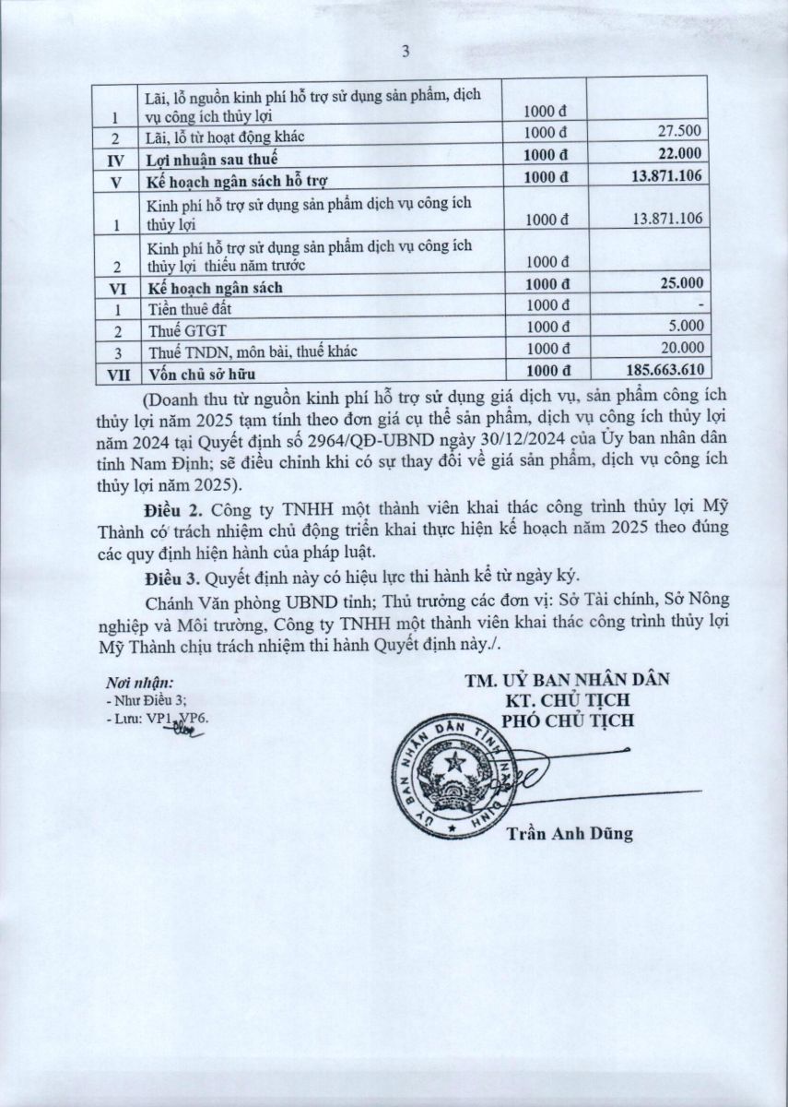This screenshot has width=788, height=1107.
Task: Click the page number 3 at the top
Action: point(404,52)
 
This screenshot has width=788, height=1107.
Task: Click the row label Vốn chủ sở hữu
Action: point(201,374)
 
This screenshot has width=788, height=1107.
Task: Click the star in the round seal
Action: point(453,762)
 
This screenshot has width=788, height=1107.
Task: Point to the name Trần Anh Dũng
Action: point(569,834)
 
